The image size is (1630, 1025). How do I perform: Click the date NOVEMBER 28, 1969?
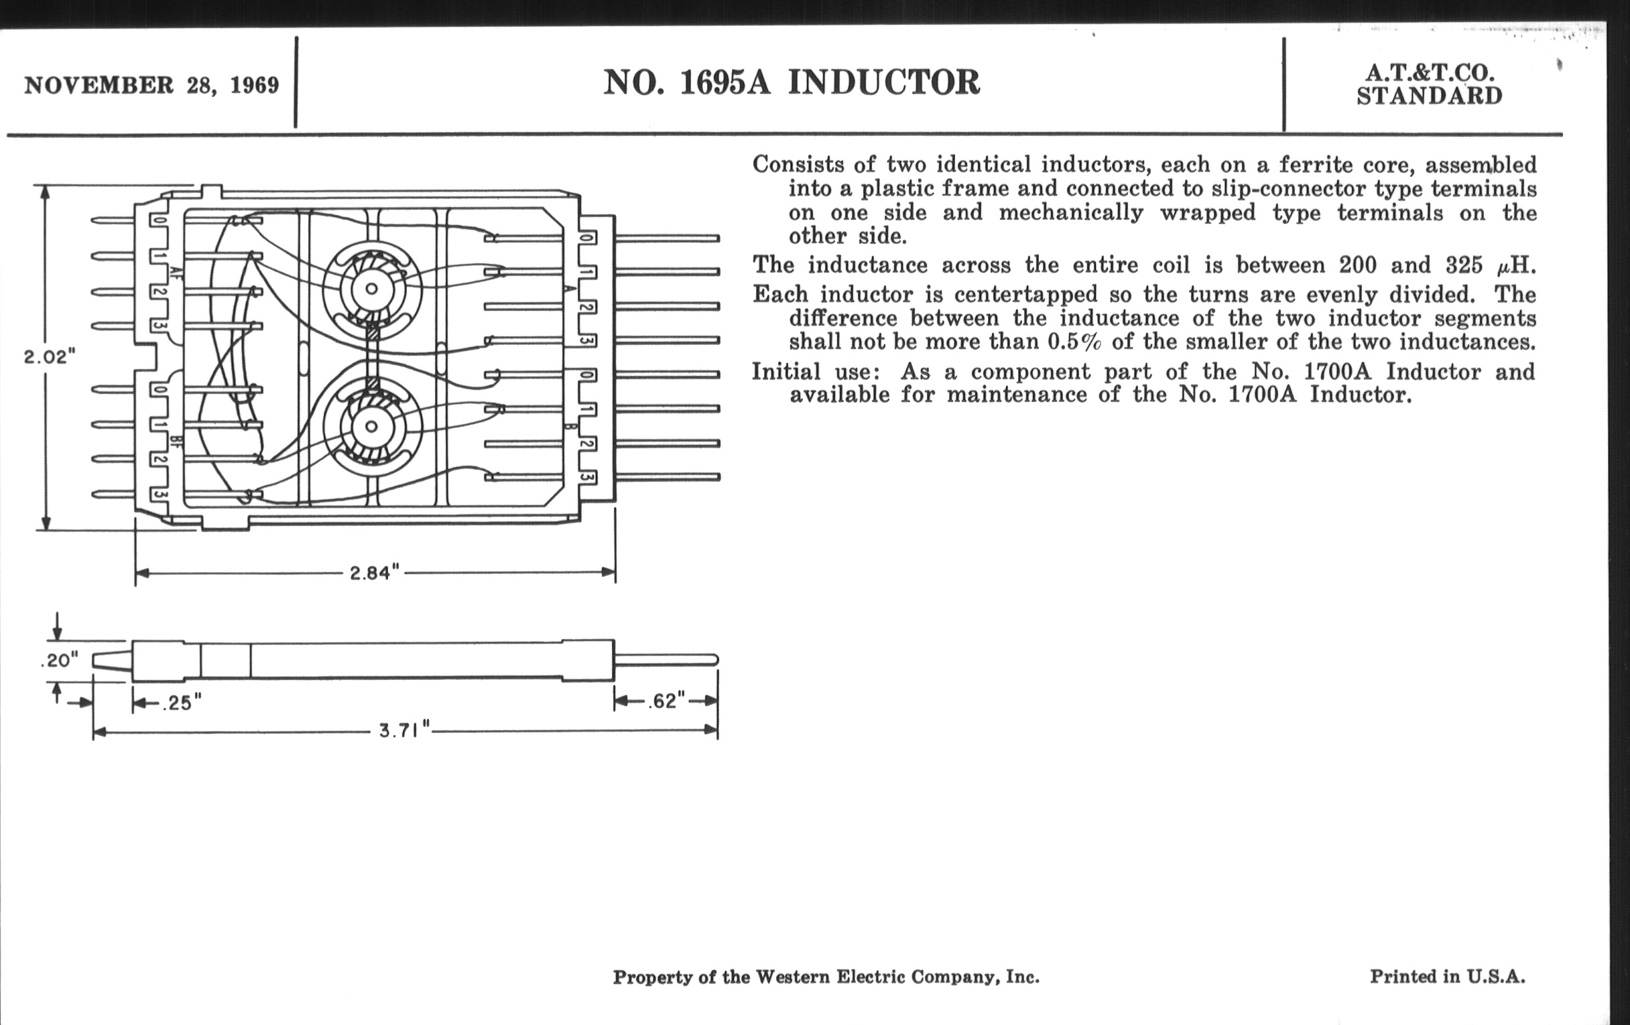151,85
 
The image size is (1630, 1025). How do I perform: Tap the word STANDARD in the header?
1429,96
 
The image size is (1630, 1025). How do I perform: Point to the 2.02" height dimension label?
50,356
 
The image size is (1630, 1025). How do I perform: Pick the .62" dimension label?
666,700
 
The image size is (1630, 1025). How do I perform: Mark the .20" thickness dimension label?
60,660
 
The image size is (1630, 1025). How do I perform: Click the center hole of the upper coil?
371,289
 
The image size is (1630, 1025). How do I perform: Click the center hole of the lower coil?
371,427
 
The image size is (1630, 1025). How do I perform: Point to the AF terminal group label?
176,274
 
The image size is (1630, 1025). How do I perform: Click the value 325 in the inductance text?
1465,265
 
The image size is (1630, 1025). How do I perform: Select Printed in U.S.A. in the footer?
1447,976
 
